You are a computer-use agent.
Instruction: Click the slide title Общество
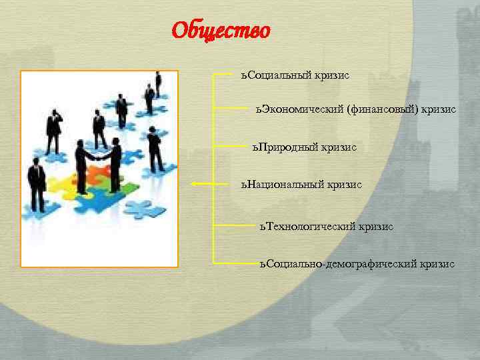click(x=221, y=31)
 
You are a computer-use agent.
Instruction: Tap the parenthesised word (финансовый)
click(x=383, y=108)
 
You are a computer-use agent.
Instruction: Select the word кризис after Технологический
click(x=376, y=227)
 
